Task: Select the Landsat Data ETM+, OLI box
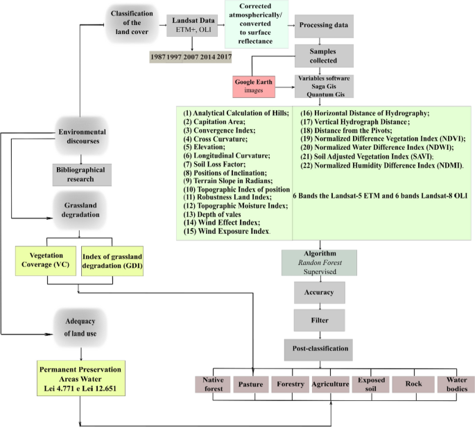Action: pos(191,26)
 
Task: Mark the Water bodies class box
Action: pos(456,384)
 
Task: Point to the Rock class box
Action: pos(413,384)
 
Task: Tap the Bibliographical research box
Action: pos(83,174)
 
